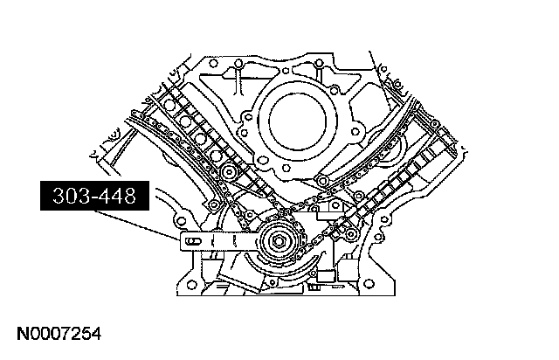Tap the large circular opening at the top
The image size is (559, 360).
(300, 114)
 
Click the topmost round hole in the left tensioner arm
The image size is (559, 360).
(171, 98)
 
